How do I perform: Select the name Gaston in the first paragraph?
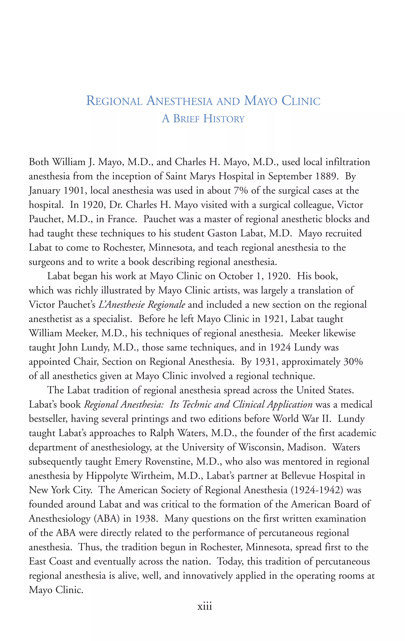coord(222,233)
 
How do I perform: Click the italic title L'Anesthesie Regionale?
coord(142,305)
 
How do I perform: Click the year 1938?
coord(146,519)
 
